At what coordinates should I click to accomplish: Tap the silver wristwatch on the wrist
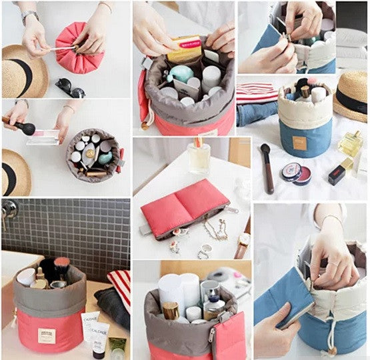pyautogui.click(x=29, y=17)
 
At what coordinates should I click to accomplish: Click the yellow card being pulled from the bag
pyautogui.click(x=183, y=49)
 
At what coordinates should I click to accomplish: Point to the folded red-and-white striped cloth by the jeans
pyautogui.click(x=257, y=91)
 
